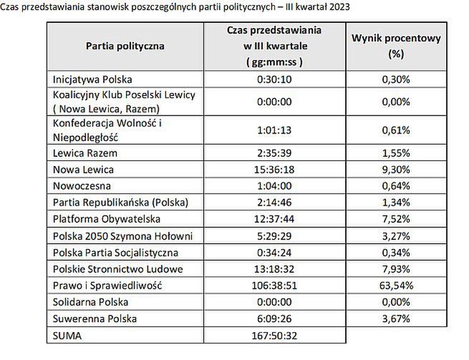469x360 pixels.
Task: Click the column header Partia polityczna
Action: coord(125,47)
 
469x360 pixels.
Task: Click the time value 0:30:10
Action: coord(274,79)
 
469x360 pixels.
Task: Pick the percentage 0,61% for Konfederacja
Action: coord(396,130)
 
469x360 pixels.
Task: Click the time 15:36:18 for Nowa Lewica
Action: coord(274,170)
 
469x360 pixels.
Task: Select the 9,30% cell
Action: coord(396,170)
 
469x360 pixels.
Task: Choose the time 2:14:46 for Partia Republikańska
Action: coord(274,203)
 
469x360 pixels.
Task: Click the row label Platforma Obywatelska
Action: coord(107,219)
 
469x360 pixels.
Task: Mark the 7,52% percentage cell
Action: coord(396,219)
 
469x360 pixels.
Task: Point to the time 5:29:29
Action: coord(274,235)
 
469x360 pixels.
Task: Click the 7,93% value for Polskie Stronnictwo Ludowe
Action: coord(396,269)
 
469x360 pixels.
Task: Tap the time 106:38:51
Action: coord(274,286)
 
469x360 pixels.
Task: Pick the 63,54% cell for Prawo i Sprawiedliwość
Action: coord(396,286)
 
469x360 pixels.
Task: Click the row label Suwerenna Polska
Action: coord(94,318)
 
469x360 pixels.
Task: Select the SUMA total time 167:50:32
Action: coord(274,335)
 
